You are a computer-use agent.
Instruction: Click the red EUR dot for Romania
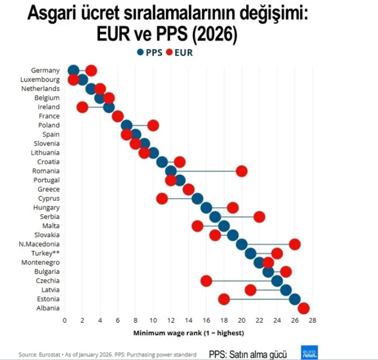coord(241,171)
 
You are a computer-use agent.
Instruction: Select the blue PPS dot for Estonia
coord(295,299)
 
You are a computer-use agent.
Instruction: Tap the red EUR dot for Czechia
coord(206,281)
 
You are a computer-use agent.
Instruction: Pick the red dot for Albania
coord(304,308)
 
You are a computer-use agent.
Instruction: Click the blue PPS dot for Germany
coord(73,71)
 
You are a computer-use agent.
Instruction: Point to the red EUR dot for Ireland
coord(82,107)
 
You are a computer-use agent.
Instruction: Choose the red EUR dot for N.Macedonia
coord(295,244)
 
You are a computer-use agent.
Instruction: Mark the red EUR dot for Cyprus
coord(162,198)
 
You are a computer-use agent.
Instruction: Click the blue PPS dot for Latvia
coord(286,290)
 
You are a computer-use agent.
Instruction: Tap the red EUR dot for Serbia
coord(259,216)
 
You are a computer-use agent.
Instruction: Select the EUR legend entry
coord(179,53)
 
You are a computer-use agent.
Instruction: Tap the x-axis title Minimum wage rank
coord(188,333)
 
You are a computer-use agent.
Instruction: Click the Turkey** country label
coord(45,253)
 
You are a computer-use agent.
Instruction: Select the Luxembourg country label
coord(40,79)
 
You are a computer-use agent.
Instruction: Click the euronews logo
coord(309,352)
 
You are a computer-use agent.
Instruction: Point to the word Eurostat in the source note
coord(49,355)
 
